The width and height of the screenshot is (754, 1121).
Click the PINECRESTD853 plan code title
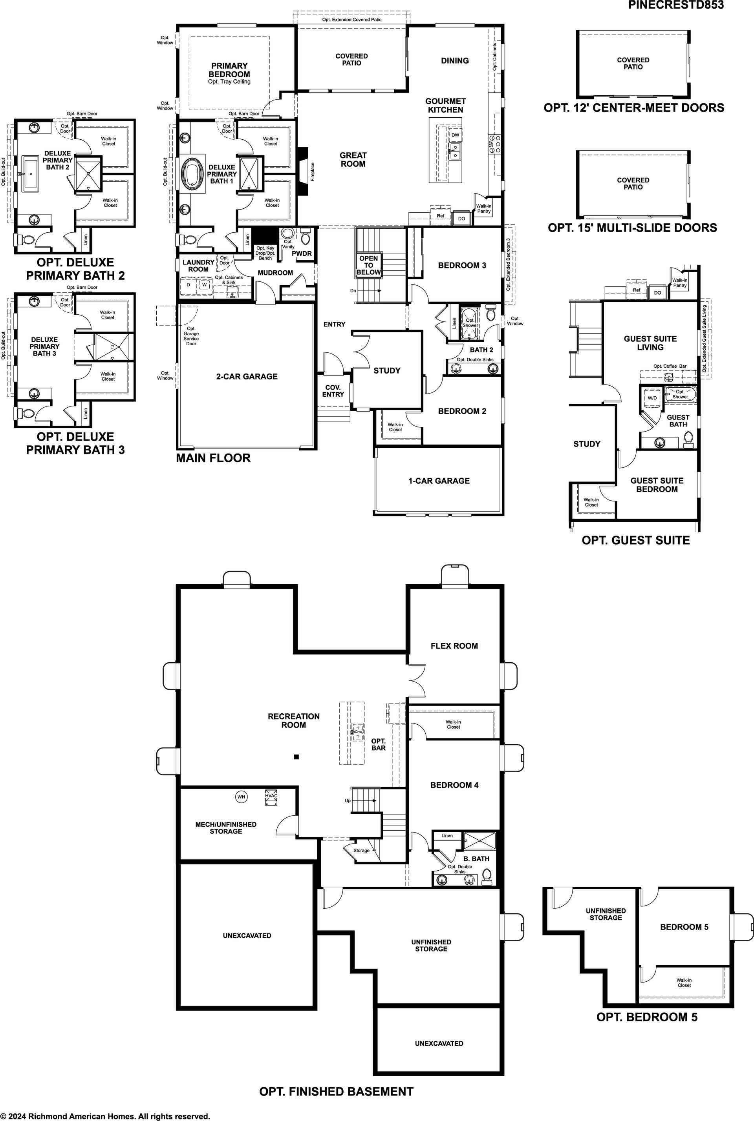[x=675, y=5]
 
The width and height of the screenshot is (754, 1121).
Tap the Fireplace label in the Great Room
[x=313, y=171]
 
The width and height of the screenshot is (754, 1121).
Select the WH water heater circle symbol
[x=241, y=797]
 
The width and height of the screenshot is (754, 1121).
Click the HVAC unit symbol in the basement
[x=271, y=798]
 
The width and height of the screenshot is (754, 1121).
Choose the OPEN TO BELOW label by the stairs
[x=368, y=265]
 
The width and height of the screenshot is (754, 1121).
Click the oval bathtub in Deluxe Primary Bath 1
[x=193, y=174]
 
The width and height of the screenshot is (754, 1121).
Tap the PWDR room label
[x=302, y=253]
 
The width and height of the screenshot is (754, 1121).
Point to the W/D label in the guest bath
[x=652, y=398]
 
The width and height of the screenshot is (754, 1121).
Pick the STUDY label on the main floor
[x=387, y=370]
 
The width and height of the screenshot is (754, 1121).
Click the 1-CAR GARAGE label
[x=439, y=481]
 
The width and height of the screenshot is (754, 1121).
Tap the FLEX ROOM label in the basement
[x=454, y=646]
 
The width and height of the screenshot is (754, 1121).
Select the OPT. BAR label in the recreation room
[x=379, y=744]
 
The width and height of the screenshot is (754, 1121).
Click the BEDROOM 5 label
[x=684, y=927]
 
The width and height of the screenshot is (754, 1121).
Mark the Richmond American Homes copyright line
[x=105, y=1112]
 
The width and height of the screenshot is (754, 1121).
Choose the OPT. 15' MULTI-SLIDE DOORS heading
[x=632, y=228]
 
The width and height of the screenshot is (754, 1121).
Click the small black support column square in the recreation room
[x=297, y=757]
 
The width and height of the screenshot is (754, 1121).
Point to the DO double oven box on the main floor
[x=462, y=218]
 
